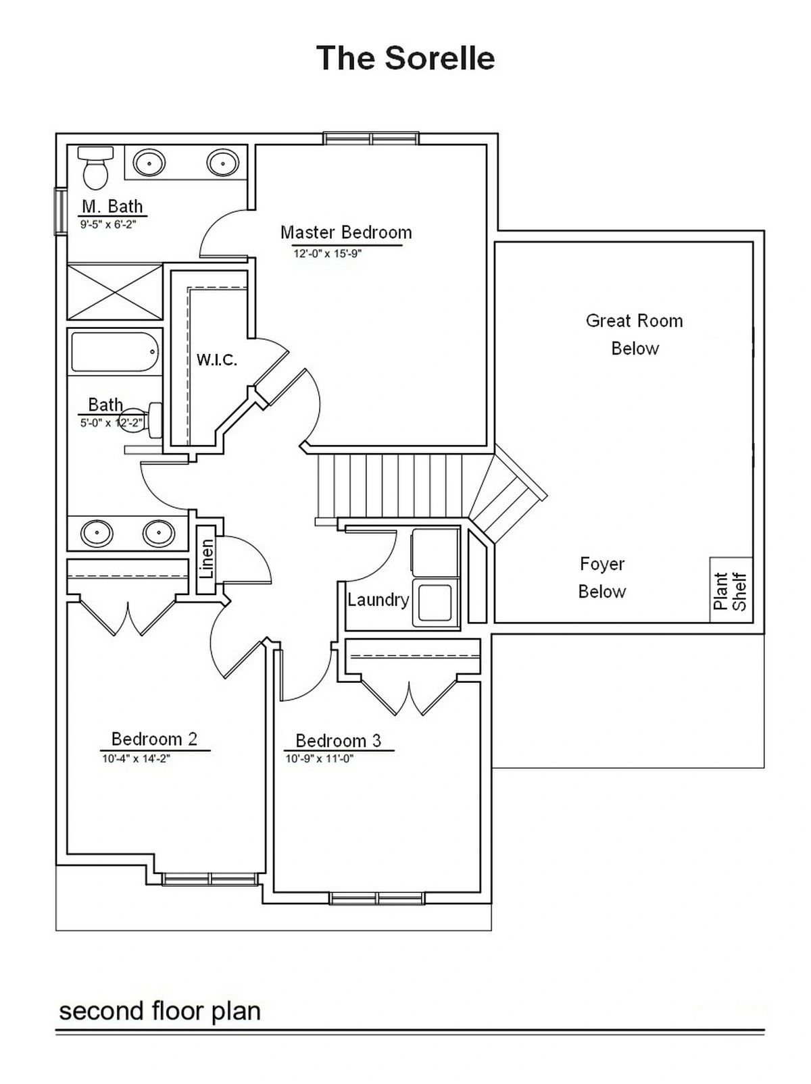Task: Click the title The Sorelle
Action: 405,58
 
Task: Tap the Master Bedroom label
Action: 346,232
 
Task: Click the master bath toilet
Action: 96,167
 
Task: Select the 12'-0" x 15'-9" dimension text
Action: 328,254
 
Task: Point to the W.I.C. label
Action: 216,359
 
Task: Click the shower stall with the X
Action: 115,292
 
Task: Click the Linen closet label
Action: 207,559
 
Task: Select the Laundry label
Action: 378,600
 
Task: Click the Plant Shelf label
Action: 730,591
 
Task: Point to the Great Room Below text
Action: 635,334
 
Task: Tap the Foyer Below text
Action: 602,577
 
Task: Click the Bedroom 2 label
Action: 154,739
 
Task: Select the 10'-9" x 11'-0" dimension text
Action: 319,758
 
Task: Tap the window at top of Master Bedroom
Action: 371,138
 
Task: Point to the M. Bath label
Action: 112,206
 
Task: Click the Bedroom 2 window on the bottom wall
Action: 210,879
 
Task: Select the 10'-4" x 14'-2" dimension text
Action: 136,758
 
